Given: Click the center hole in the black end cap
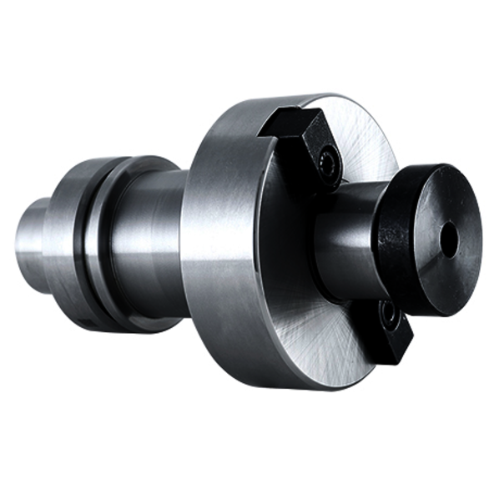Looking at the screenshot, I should (449, 240).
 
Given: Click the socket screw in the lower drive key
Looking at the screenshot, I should (387, 315).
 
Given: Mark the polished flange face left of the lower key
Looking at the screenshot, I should (321, 334).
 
